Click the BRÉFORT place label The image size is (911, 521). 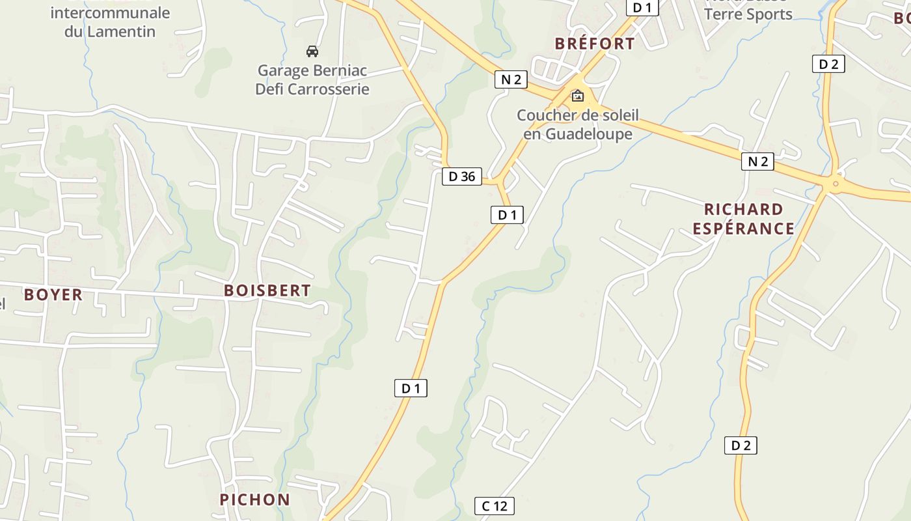tap(594, 44)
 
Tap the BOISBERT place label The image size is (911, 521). tap(267, 290)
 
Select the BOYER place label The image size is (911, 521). tap(53, 294)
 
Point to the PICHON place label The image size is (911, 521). tap(254, 500)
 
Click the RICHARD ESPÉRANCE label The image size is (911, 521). tap(743, 219)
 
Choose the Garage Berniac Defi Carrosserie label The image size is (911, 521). tap(312, 79)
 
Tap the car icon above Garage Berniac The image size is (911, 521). tap(312, 51)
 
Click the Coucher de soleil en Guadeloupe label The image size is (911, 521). tap(577, 124)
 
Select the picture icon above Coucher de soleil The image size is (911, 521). tap(577, 96)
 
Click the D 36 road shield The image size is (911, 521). tap(462, 176)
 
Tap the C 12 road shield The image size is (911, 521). tap(495, 506)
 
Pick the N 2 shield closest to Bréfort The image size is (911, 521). tap(511, 79)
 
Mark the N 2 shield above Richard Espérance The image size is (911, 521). tap(757, 162)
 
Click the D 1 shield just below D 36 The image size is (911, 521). tap(507, 214)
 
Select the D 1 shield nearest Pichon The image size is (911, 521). tap(411, 388)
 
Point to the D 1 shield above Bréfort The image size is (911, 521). tap(642, 7)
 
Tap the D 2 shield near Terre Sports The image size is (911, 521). tap(828, 64)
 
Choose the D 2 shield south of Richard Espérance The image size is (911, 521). tap(741, 445)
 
